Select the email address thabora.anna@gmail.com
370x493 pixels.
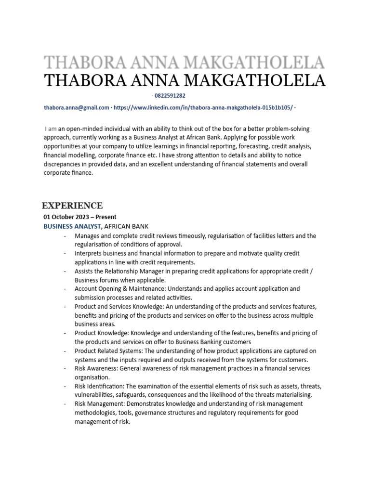point(77,107)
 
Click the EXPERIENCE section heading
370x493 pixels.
point(72,206)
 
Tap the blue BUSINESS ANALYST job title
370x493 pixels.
point(72,226)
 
